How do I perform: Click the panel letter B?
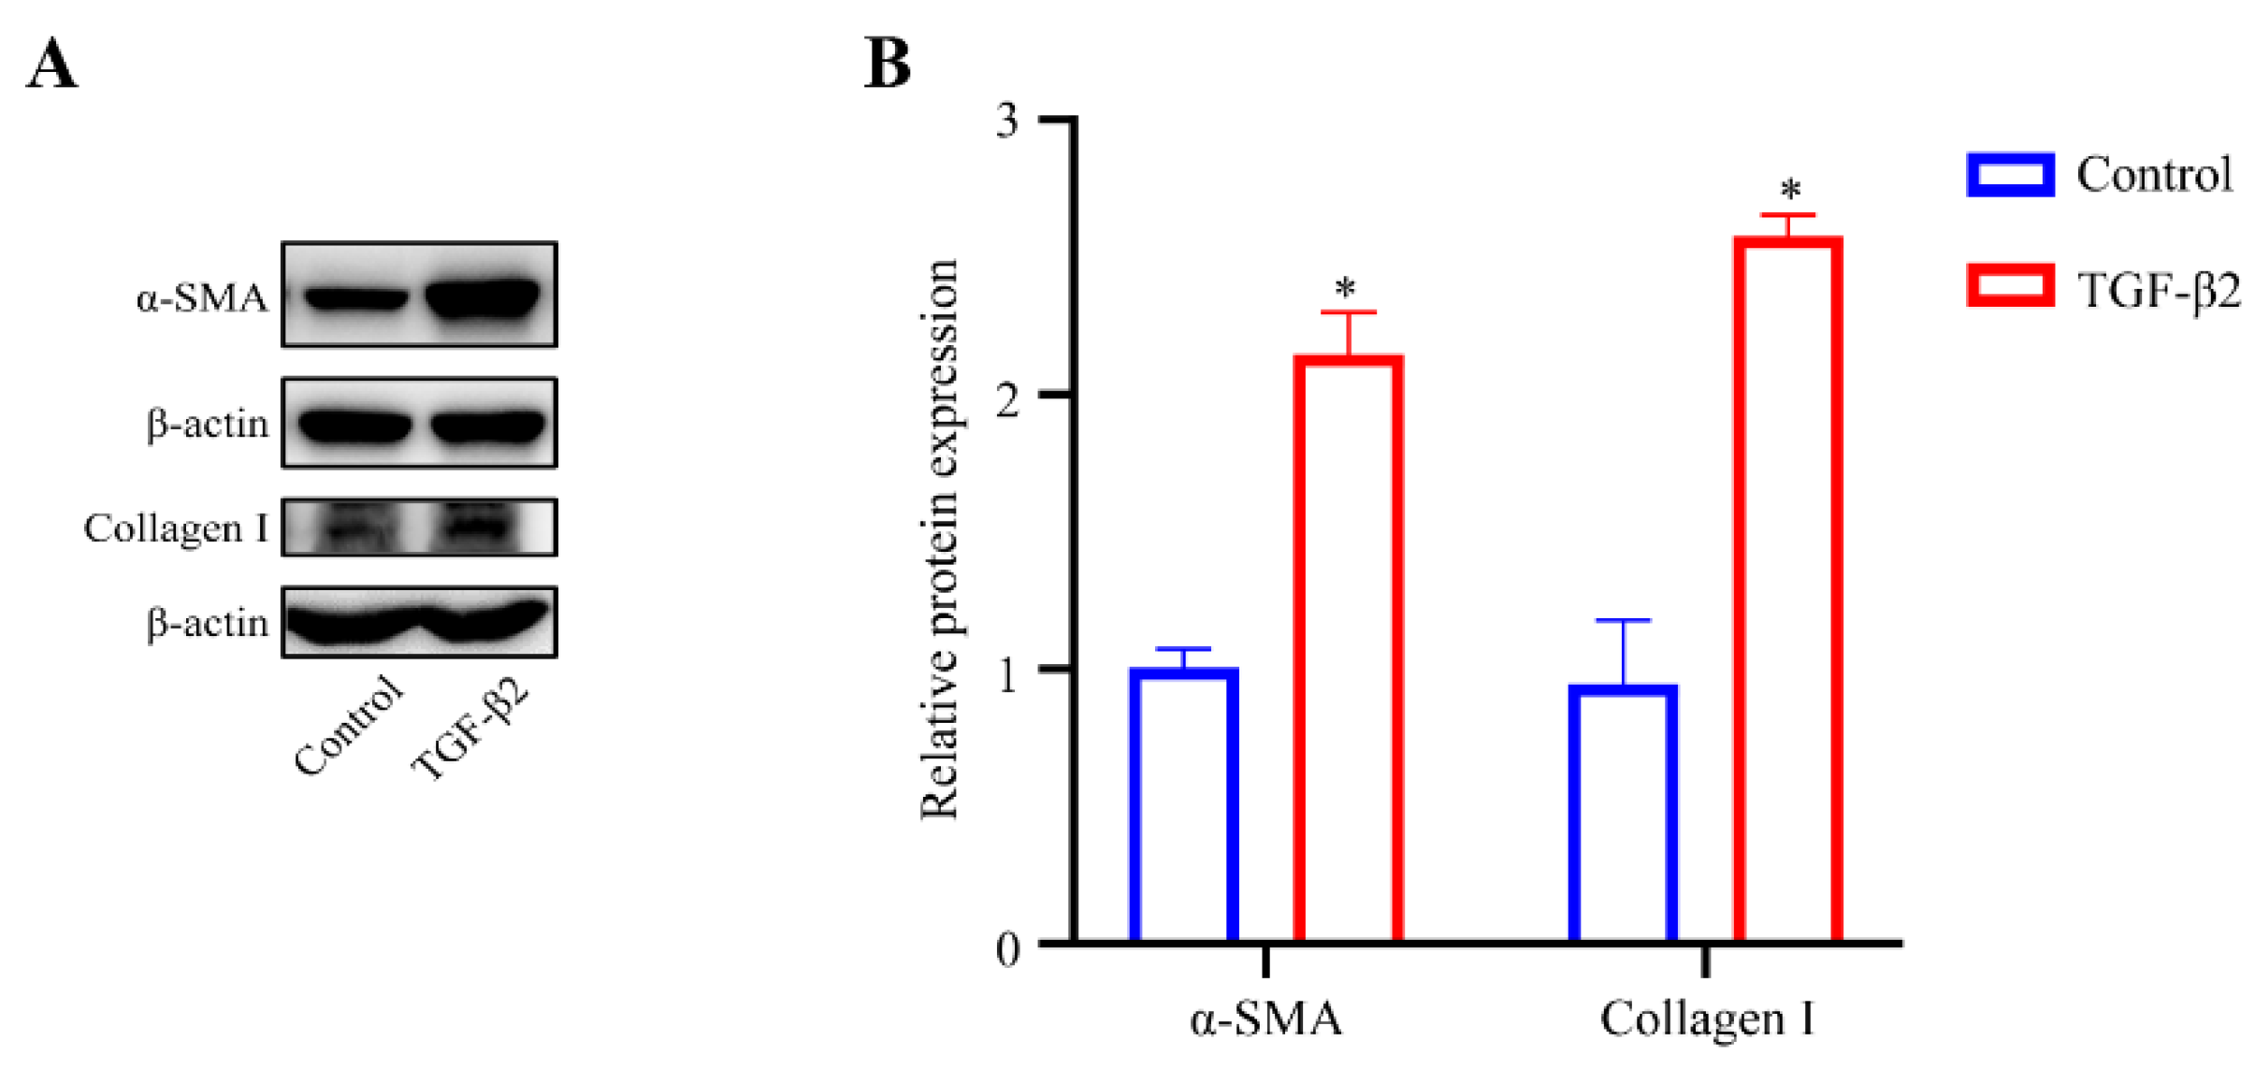click(887, 64)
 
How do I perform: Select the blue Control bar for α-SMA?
click(1183, 804)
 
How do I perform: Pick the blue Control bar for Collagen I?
click(1623, 814)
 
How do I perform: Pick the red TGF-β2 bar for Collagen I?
click(1787, 589)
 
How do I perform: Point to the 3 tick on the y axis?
click(1007, 120)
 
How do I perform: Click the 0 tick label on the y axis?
click(1007, 949)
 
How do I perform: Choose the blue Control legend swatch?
click(2010, 175)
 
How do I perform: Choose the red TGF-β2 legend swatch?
click(2010, 286)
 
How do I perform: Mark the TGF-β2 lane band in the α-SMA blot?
click(483, 297)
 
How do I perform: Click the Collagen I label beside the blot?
click(176, 528)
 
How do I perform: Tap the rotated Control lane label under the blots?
click(348, 726)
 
